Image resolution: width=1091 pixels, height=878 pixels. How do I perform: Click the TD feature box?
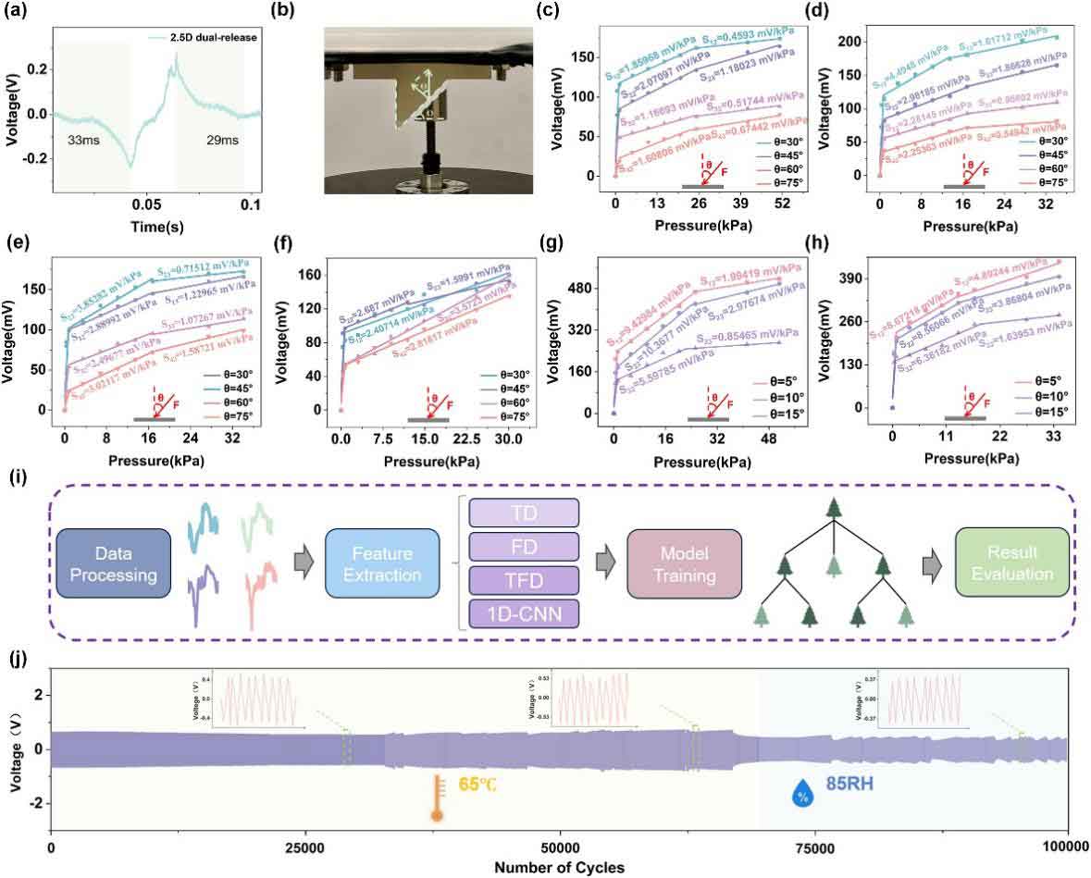coord(524,513)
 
